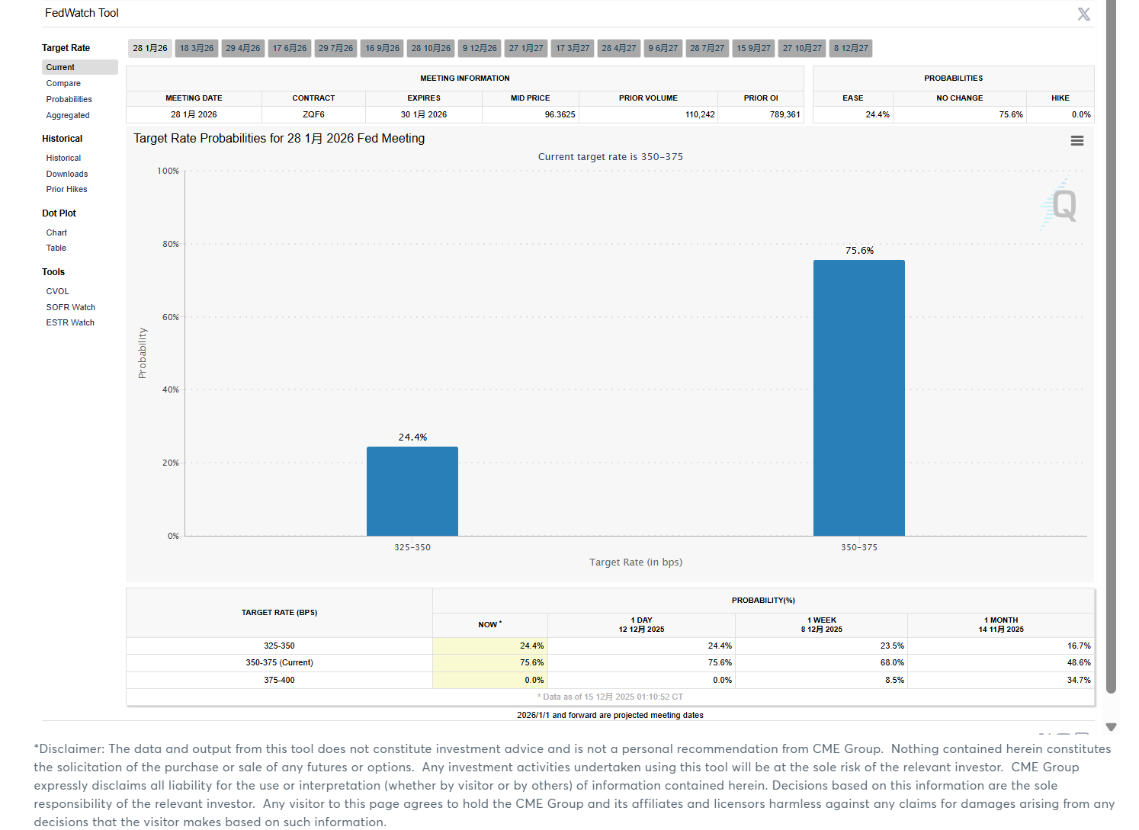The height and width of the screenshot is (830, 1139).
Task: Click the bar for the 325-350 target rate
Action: [412, 491]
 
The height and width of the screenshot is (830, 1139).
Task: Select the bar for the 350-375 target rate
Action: [859, 398]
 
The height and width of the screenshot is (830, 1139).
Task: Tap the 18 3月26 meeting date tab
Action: [197, 49]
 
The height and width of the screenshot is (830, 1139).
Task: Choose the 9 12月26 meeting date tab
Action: [480, 49]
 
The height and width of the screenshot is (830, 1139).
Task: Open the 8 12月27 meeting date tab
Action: [851, 49]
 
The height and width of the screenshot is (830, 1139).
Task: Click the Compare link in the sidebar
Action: [63, 84]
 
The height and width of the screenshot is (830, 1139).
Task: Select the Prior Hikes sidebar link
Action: [66, 190]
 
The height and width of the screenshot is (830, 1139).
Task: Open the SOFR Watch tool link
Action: [70, 308]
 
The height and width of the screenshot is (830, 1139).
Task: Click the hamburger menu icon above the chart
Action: [1077, 141]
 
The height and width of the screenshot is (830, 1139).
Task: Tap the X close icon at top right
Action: [1083, 14]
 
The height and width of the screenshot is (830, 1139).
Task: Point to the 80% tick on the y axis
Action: [171, 245]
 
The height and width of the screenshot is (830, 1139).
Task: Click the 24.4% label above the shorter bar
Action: [412, 437]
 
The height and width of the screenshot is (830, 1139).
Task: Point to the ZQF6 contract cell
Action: [313, 115]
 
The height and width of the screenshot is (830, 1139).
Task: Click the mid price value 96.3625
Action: [560, 115]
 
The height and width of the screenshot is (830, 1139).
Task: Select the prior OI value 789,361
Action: [784, 115]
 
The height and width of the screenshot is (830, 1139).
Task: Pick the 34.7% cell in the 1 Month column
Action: [1079, 681]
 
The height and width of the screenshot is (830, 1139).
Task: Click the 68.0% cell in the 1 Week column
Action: [892, 663]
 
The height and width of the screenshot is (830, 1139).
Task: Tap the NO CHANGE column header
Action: [959, 98]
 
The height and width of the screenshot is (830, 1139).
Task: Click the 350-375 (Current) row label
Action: [279, 663]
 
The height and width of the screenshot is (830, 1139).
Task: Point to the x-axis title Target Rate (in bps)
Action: [636, 562]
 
